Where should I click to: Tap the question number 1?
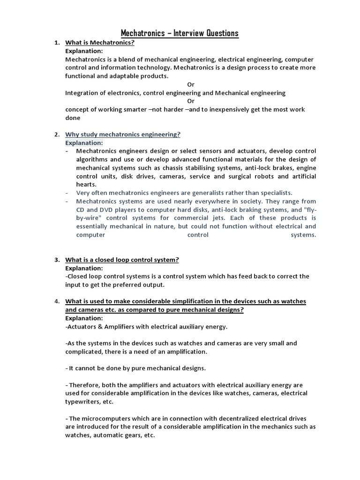point(56,43)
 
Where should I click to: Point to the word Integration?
point(83,93)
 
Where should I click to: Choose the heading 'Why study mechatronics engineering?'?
point(122,135)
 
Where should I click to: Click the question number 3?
point(56,260)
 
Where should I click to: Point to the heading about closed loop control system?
point(122,260)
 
